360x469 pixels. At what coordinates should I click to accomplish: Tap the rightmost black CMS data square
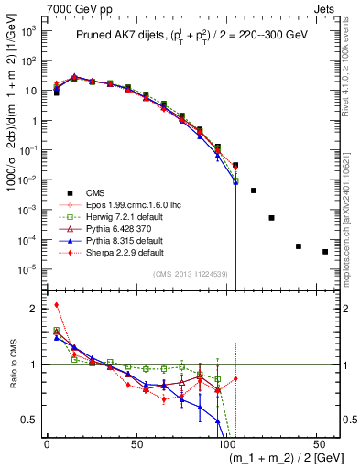click(325, 252)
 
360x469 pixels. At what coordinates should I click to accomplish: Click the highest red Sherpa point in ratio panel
click(57, 305)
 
